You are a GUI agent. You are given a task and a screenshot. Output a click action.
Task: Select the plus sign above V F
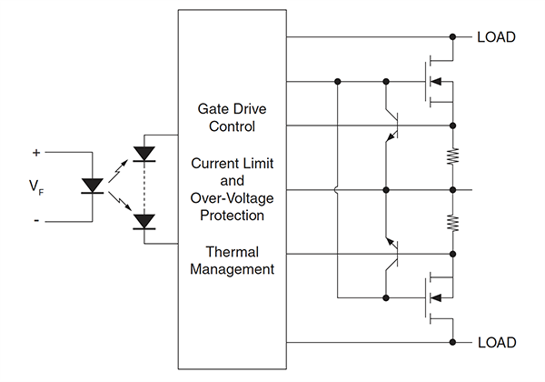[36, 152]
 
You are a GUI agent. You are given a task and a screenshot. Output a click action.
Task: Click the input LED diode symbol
[92, 186]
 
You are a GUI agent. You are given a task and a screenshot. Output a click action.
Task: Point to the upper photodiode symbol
[144, 154]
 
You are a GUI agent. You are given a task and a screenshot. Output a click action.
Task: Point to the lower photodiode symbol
[144, 220]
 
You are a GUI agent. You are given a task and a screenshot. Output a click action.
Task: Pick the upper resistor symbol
[452, 157]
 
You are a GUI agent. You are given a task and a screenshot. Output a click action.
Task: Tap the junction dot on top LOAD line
[452, 37]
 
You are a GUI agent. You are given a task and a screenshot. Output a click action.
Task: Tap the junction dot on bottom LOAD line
[452, 342]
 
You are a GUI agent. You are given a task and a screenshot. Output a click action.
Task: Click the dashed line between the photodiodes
[144, 187]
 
